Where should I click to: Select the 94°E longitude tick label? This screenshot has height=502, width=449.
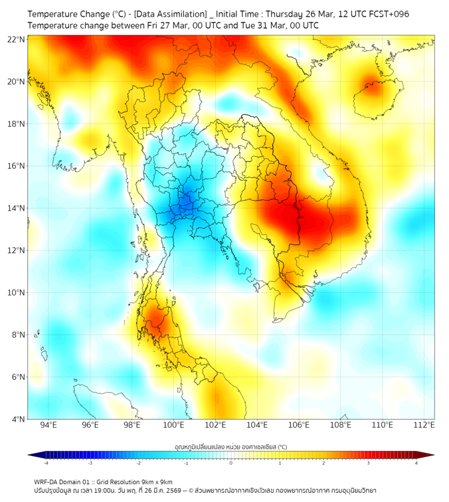[48, 425]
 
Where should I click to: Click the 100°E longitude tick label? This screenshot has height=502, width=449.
[174, 425]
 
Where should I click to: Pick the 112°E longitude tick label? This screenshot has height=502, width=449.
[424, 425]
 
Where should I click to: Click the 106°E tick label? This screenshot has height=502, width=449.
[299, 425]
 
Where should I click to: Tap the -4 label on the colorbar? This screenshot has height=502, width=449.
[46, 463]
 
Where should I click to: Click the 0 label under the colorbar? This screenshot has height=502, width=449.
[231, 463]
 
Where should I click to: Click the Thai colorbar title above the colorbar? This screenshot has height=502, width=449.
[230, 446]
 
